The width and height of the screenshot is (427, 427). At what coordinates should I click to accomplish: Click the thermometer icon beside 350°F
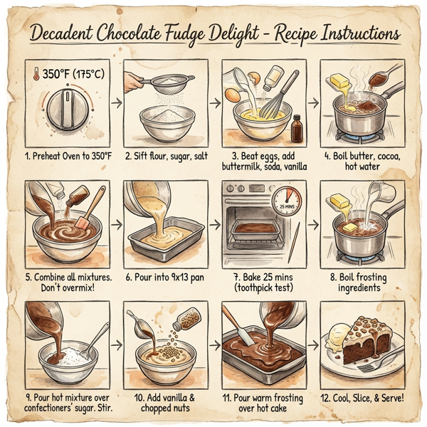click(36, 74)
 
